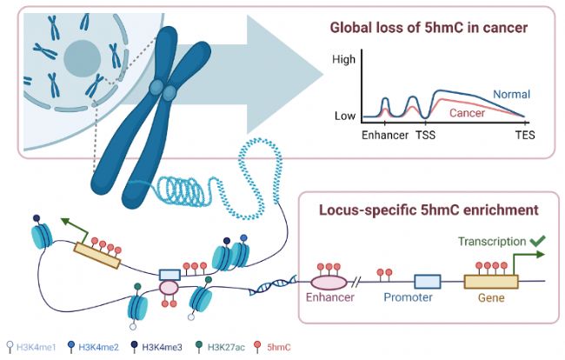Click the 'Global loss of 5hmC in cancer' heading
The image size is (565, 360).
pos(429,28)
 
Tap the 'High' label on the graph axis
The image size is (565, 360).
pos(343,59)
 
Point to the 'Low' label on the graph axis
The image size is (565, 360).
pos(345,116)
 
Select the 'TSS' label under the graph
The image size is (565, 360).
pos(426,135)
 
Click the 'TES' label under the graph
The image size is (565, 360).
pos(525,135)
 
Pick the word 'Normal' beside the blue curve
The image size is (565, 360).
pos(512,95)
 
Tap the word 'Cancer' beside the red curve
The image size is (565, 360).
pos(467,113)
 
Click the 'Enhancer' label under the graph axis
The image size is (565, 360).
pos(385,135)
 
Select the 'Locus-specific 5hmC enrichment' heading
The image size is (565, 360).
pos(429,210)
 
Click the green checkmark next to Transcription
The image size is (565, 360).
pos(538,241)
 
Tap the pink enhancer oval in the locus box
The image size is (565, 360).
pos(329,282)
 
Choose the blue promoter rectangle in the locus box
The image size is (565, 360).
pos(428,282)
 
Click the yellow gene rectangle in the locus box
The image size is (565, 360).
pos(491,282)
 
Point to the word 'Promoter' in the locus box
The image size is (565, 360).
pos(408,297)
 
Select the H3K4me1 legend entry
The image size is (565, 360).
pos(31,347)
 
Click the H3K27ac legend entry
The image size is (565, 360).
pos(220,347)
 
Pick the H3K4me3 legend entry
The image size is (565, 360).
pos(156,347)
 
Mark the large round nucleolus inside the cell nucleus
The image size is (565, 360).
pos(83,59)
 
